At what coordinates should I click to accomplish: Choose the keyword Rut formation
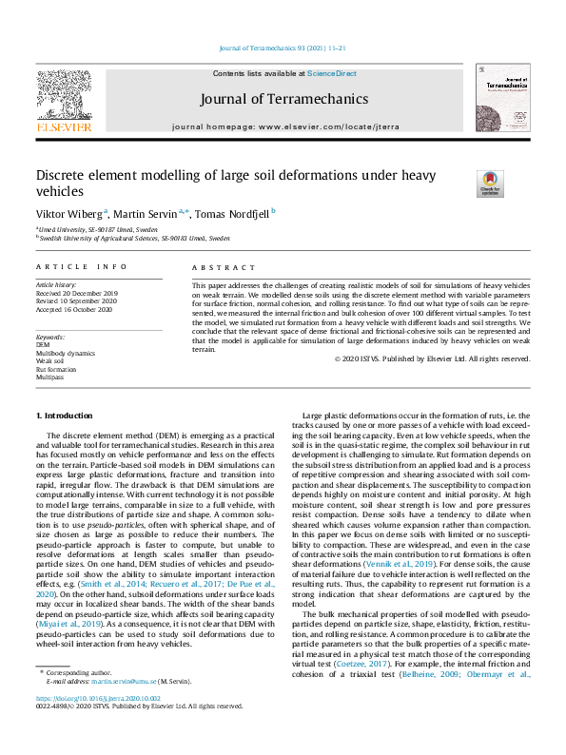coord(56,368)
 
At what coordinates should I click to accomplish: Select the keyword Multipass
coord(49,376)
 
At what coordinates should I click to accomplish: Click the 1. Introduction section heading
coord(65,416)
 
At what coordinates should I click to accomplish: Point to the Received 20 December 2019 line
coord(76,293)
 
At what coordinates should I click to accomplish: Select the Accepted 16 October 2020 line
coord(74,308)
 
